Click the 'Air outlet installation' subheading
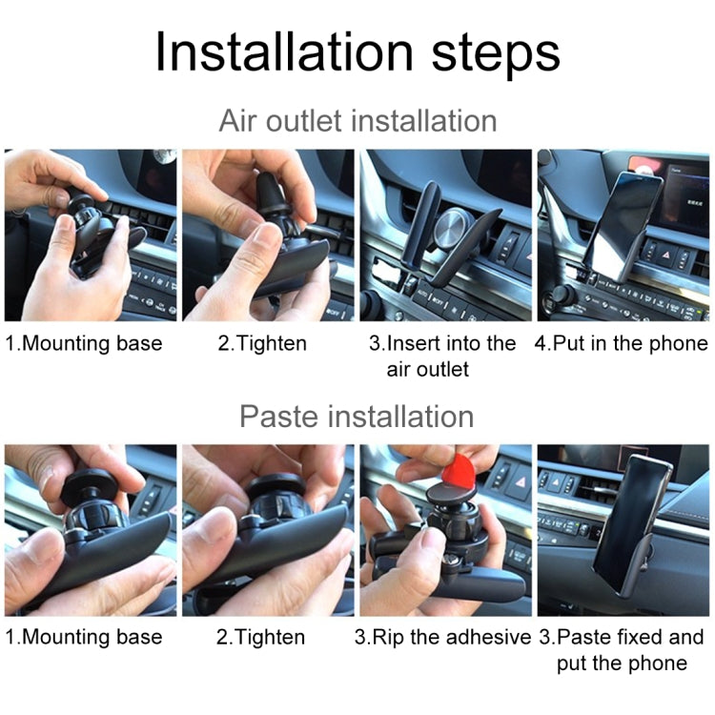click(357, 121)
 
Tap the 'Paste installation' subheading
click(357, 417)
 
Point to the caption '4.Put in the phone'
click(622, 343)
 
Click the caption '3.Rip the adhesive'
click(442, 637)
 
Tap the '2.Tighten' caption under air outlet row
click(261, 343)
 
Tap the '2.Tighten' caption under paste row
click(261, 637)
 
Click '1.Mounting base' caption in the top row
click(84, 343)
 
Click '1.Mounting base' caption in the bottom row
click(84, 637)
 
